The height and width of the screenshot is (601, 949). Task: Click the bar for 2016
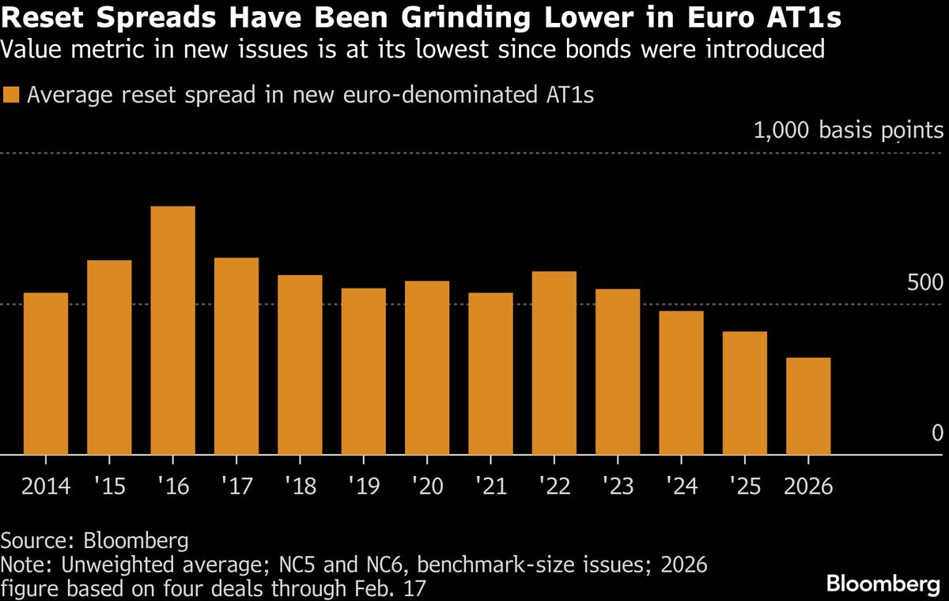point(172,331)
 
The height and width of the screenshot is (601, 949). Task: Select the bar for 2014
point(46,374)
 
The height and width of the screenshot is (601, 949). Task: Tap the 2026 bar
point(808,406)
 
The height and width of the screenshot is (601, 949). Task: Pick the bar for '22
point(554,363)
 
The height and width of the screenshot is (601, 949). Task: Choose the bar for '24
point(681,383)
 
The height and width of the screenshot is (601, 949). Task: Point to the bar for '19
point(364,372)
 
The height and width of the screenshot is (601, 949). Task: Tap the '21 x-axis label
point(490,486)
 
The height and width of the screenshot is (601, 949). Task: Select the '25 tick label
point(744,486)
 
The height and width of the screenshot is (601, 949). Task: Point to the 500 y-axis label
point(925,283)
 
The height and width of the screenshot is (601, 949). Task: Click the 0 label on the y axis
point(937,433)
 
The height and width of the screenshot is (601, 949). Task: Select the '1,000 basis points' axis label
point(849,131)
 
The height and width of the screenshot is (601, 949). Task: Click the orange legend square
point(11,96)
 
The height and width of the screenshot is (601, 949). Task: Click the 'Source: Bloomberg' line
point(95,542)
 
